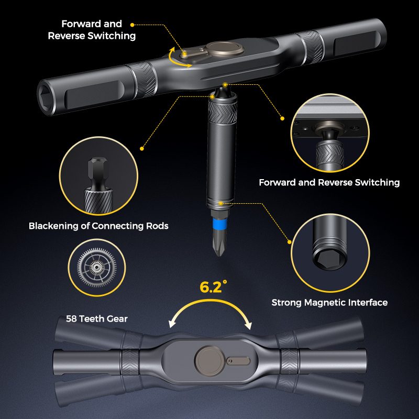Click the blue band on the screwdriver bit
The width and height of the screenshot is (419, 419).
pos(219,223)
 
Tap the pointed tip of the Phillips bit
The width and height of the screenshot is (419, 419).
pos(219,256)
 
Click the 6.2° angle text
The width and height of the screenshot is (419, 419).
pos(214,287)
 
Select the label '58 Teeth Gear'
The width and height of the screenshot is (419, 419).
pos(97,318)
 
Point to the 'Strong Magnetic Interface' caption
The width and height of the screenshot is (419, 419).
pos(329,303)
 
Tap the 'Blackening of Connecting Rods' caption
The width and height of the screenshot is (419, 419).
pos(98,226)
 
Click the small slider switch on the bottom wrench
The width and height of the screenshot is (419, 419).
pos(238,361)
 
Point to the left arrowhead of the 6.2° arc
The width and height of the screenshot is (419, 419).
pos(172,324)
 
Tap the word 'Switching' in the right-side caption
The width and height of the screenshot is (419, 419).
pos(377,182)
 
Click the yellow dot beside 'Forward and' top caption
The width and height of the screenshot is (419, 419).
pos(132,25)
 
